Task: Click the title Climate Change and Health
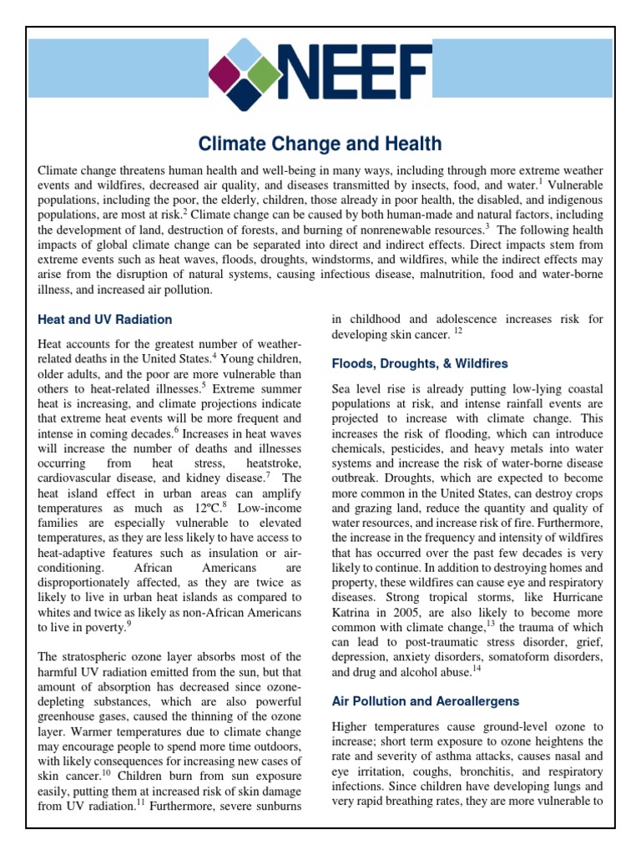[320, 144]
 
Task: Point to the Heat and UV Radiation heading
[105, 319]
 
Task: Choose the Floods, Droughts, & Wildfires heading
[420, 364]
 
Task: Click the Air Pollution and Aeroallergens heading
[426, 701]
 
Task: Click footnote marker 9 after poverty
[130, 623]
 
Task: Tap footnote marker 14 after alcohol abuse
[476, 670]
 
